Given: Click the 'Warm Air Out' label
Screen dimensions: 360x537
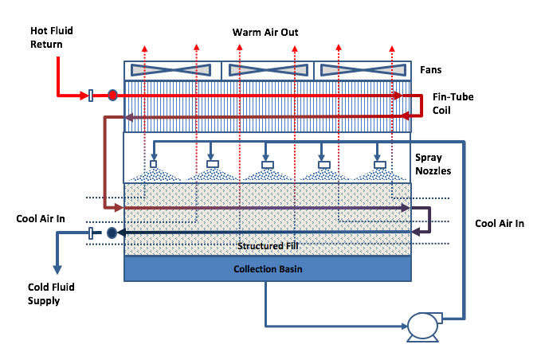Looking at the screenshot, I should click(265, 33).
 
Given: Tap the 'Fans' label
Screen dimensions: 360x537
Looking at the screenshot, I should click(431, 70).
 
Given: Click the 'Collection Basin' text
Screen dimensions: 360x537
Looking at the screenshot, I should click(268, 269).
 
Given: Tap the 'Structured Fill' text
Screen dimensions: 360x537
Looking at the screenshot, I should click(267, 246).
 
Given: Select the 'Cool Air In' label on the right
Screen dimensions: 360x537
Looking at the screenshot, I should click(500, 224).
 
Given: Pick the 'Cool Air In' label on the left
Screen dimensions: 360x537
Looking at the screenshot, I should click(41, 218).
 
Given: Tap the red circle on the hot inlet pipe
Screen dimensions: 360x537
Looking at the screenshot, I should click(112, 95).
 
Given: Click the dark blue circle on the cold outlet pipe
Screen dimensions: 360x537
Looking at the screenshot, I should click(112, 233).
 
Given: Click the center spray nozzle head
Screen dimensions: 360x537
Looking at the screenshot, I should click(268, 165).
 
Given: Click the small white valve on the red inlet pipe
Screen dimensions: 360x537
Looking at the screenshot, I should click(91, 95).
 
